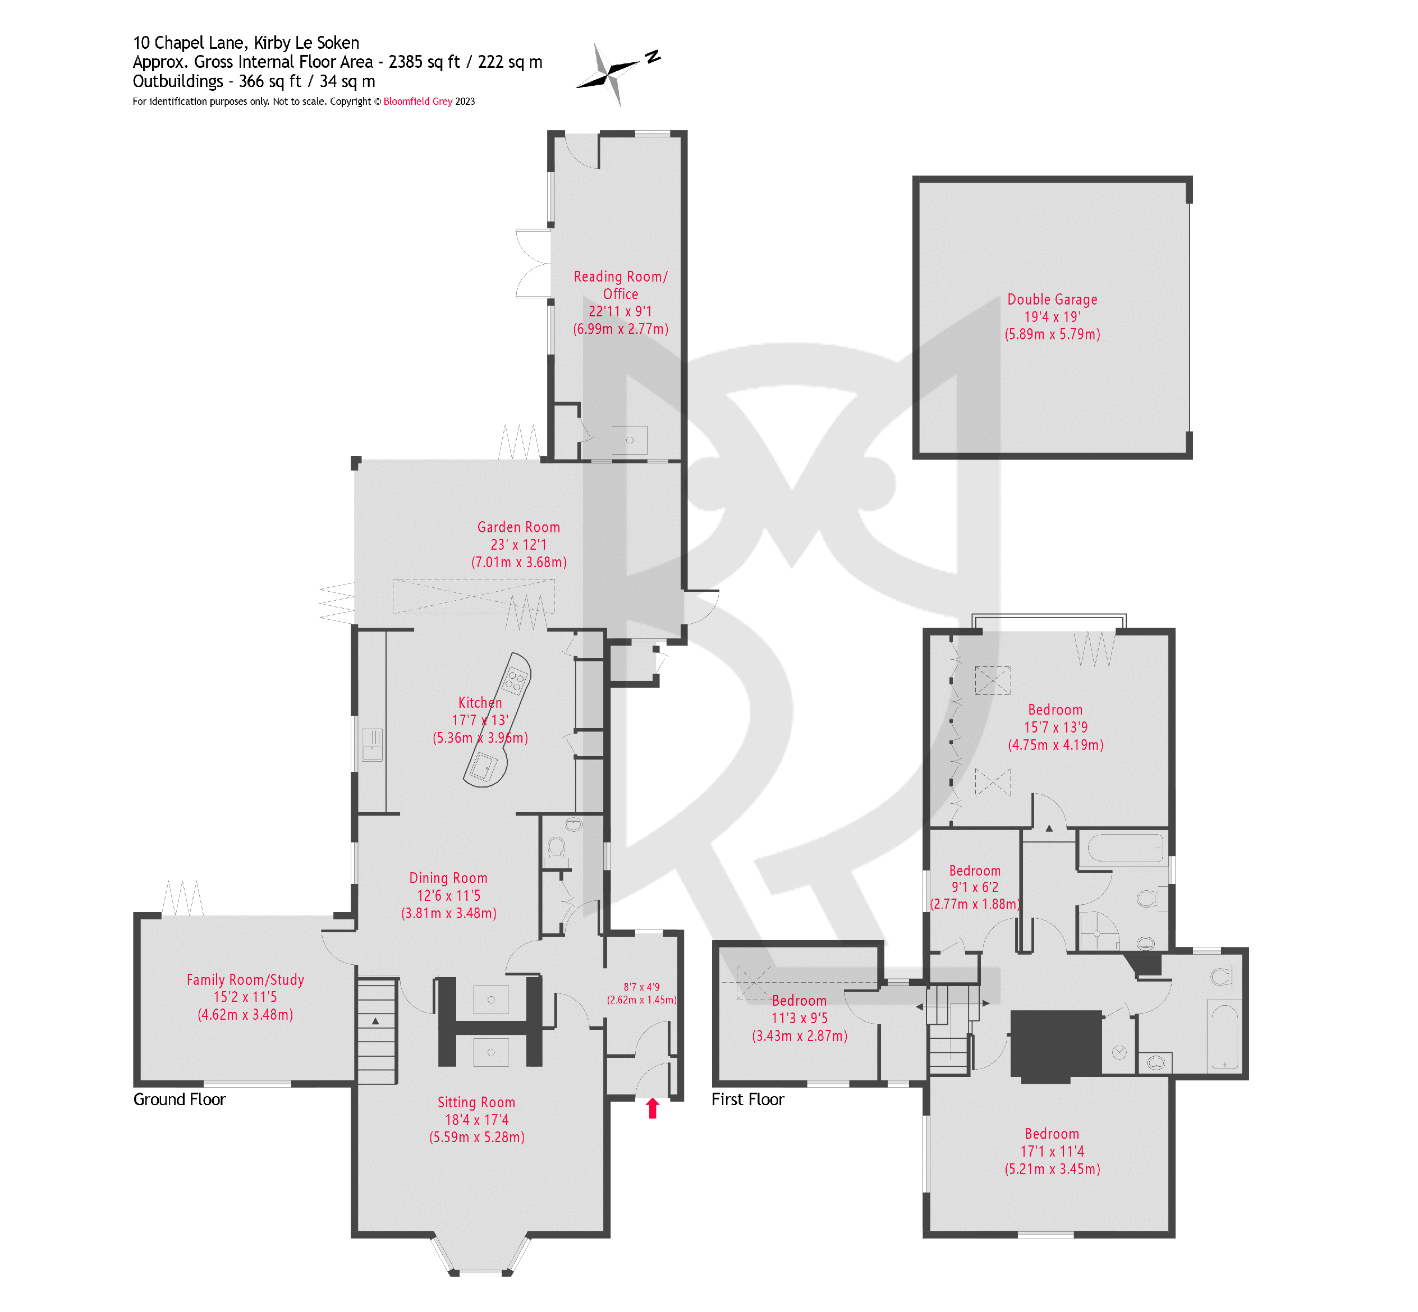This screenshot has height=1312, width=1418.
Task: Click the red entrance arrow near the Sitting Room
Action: [652, 1107]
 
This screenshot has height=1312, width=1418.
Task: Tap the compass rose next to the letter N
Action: [608, 73]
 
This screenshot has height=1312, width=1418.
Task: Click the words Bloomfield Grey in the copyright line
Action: [417, 102]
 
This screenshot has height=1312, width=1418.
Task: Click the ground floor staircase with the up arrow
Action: [375, 1030]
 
